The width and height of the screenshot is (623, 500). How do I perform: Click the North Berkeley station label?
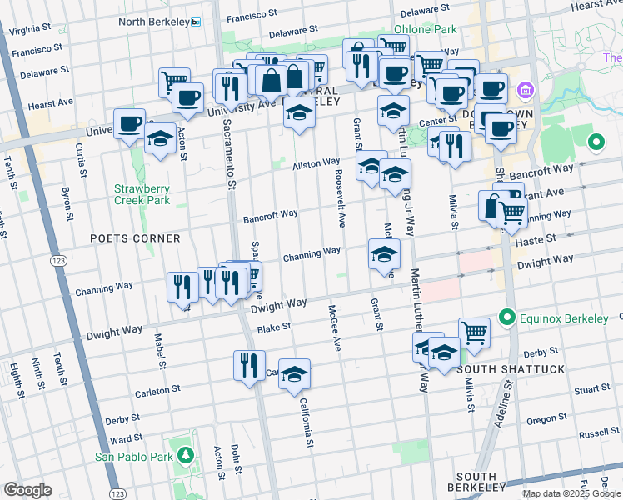[154, 21]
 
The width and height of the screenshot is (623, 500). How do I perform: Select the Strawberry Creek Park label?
[142, 194]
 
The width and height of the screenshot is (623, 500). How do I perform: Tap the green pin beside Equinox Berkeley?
[506, 317]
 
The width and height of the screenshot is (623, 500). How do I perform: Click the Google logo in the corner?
[27, 489]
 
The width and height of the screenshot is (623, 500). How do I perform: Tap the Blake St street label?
[273, 328]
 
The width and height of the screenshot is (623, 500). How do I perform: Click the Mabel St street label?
[158, 351]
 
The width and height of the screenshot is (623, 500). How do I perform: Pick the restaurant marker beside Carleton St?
[249, 365]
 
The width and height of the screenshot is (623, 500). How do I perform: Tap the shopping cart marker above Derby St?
[474, 332]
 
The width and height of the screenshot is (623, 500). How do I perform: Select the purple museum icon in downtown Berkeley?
[526, 89]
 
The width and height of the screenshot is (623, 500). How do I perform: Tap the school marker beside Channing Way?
[384, 253]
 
